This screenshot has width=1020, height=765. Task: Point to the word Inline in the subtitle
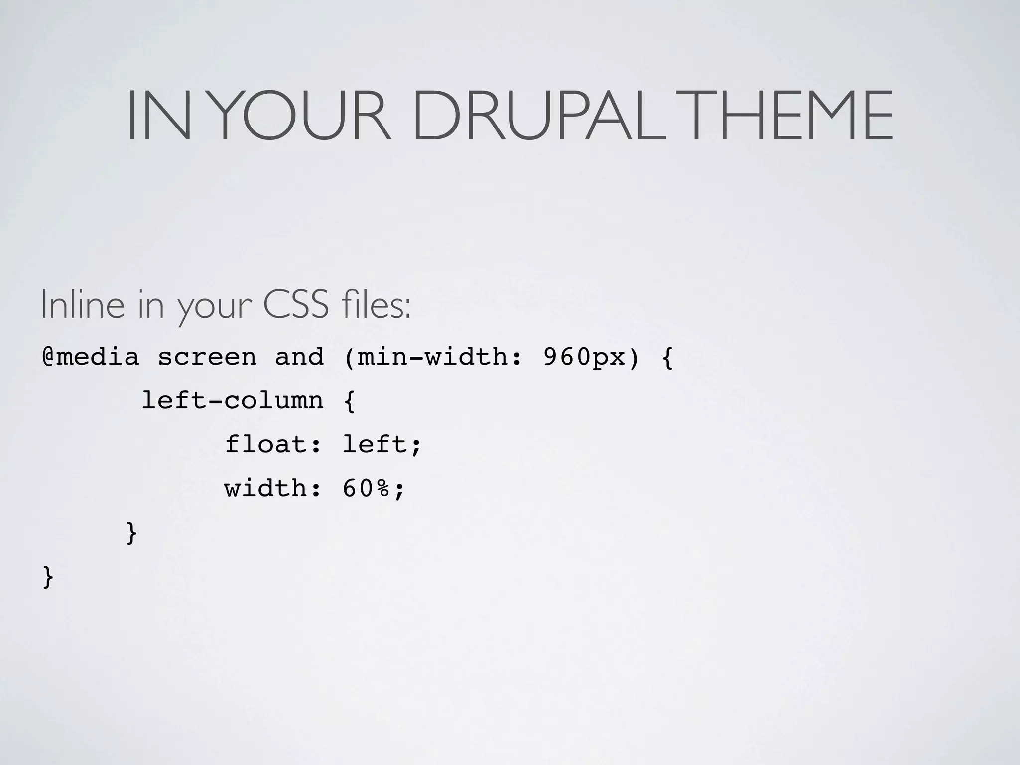point(83,305)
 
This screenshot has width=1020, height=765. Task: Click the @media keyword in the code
point(91,357)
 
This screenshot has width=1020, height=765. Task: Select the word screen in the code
point(207,357)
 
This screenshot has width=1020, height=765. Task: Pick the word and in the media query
point(299,357)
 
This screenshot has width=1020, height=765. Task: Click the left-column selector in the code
point(233,401)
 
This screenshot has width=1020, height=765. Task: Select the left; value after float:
point(382,444)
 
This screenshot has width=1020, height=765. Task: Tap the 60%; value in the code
point(374,488)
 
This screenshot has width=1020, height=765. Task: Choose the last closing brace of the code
point(48,577)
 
